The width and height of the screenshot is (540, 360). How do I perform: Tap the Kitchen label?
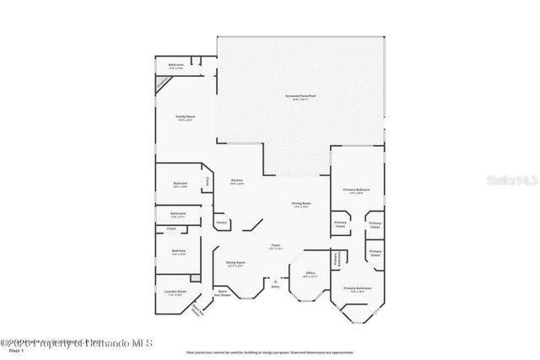tap(237, 181)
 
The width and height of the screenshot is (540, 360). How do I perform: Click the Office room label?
tap(310, 275)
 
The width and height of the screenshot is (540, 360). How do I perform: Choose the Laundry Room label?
tap(174, 293)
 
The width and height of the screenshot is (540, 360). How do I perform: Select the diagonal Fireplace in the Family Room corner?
tap(162, 83)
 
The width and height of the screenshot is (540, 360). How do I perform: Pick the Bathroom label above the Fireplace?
tap(175, 66)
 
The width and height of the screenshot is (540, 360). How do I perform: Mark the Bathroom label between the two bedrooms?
tap(178, 215)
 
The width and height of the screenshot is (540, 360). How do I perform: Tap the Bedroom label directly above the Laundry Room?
tap(178, 250)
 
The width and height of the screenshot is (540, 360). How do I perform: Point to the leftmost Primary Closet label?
tap(340, 225)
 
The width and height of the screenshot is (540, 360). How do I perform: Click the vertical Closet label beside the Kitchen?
tap(207, 180)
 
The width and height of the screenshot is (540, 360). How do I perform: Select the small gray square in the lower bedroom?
tap(196, 277)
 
